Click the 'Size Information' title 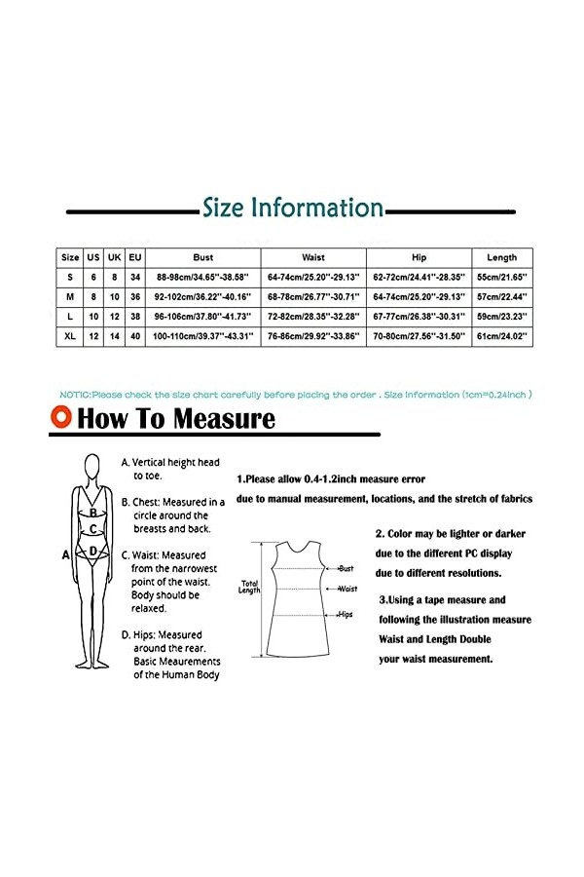coord(292,209)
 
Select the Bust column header coord(203,257)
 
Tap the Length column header coord(501,257)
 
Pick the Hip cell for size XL coord(420,335)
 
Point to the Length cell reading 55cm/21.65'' coord(501,277)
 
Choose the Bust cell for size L coord(203,316)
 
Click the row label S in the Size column coord(70,277)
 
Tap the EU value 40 coord(135,335)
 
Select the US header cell coord(93,257)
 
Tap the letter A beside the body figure coord(66,554)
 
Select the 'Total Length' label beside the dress coord(249,588)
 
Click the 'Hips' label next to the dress coord(346,615)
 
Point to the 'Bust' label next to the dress coord(347,567)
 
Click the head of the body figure coord(93,466)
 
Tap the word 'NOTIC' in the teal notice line coord(74,395)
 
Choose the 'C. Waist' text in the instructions coord(142,555)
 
